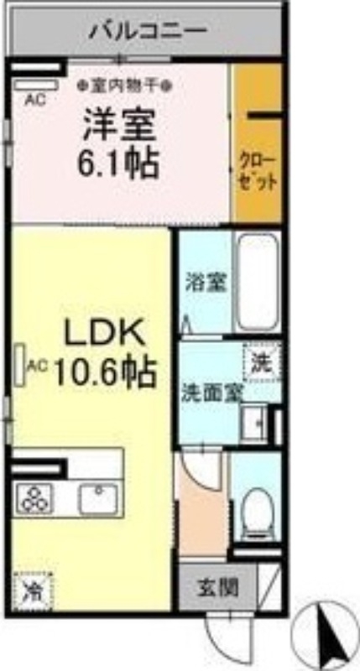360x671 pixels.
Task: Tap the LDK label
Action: pyautogui.click(x=106, y=334)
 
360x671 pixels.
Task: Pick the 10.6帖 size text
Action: pyautogui.click(x=105, y=370)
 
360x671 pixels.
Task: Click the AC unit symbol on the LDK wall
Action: pyautogui.click(x=18, y=363)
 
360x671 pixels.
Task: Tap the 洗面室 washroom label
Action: pyautogui.click(x=209, y=393)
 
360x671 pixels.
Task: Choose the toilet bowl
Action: pyautogui.click(x=255, y=509)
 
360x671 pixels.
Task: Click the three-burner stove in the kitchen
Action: pyautogui.click(x=35, y=500)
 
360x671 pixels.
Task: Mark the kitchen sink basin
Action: pyautogui.click(x=99, y=499)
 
